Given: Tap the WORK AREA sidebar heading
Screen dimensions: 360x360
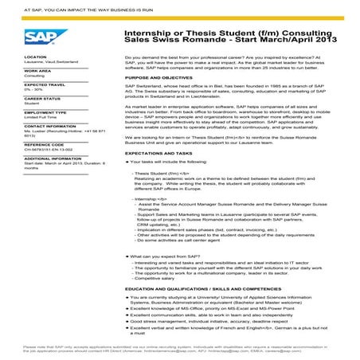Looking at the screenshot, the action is click(37, 71).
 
